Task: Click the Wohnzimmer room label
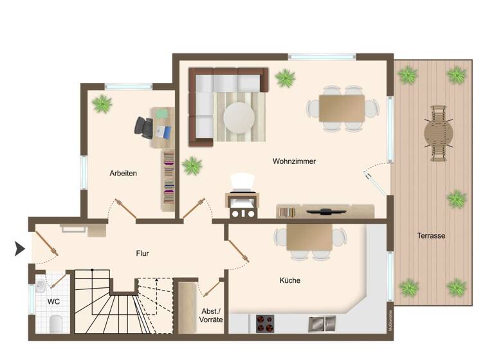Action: click(294, 161)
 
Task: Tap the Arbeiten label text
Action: click(123, 173)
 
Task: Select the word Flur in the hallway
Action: click(143, 253)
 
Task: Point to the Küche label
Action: click(289, 280)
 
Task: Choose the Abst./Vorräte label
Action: click(211, 315)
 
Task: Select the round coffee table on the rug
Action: click(239, 118)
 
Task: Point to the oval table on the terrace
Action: click(439, 133)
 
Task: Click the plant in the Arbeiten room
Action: click(101, 103)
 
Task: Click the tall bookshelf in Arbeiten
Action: click(168, 180)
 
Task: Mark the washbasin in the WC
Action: click(42, 283)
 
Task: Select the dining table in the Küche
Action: click(309, 237)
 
